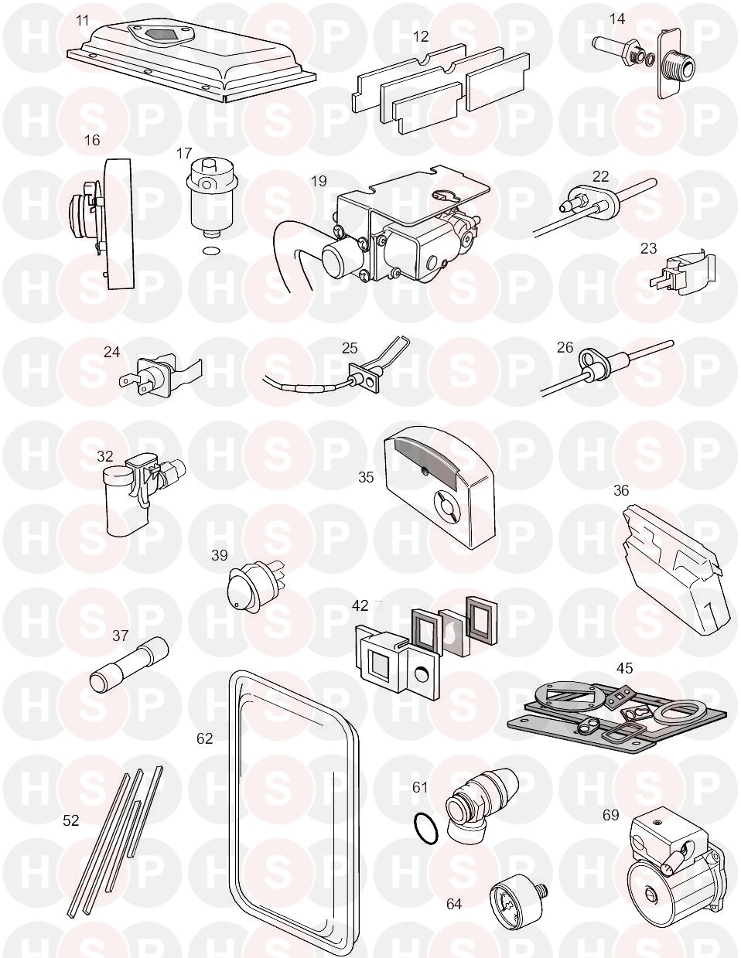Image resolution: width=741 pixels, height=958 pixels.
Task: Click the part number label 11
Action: pos(82,21)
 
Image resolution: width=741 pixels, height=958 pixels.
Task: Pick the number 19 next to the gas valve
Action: pos(319,181)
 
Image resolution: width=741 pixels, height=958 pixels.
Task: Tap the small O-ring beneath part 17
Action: pos(210,252)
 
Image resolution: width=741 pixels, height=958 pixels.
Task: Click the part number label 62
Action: pos(204,738)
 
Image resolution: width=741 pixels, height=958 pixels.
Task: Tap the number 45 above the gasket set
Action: pos(624,668)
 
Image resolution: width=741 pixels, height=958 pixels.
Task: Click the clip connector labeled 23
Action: pos(683,277)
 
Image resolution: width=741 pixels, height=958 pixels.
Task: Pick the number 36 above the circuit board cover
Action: pos(621,490)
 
